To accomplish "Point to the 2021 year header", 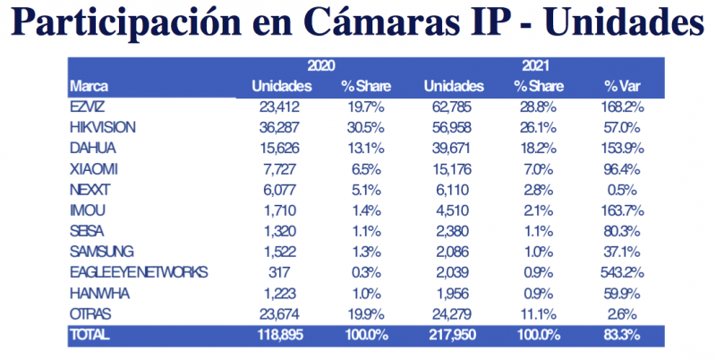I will click(534, 66).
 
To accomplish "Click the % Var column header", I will click(622, 87).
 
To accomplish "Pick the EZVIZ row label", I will click(87, 107).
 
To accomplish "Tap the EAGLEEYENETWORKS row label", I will click(138, 271).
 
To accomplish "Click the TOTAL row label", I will click(89, 334).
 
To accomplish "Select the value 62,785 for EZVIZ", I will click(456, 107).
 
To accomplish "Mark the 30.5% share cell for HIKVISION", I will click(361, 127).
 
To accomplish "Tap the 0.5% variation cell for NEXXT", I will click(623, 189).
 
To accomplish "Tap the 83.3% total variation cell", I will click(623, 334).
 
